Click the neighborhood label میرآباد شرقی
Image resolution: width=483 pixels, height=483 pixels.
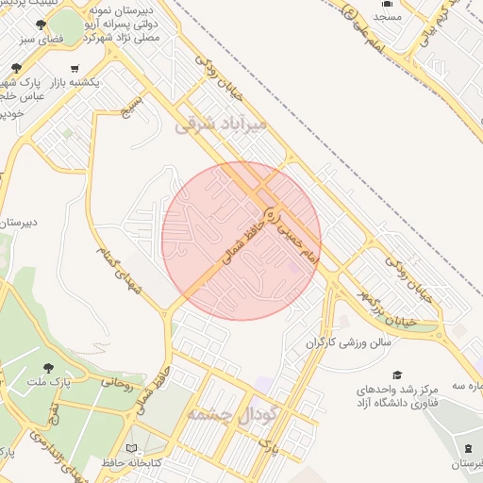[222, 124]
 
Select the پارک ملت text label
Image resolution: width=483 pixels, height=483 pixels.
[49, 382]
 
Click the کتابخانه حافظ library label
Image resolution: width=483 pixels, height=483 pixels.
[131, 462]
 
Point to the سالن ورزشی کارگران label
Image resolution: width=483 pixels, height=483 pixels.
[347, 343]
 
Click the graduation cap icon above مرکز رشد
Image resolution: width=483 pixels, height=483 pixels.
[397, 375]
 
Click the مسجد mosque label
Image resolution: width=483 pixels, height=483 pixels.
[387, 16]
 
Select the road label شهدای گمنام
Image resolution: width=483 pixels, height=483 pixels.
[119, 271]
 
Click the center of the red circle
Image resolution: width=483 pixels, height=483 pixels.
[241, 241]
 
